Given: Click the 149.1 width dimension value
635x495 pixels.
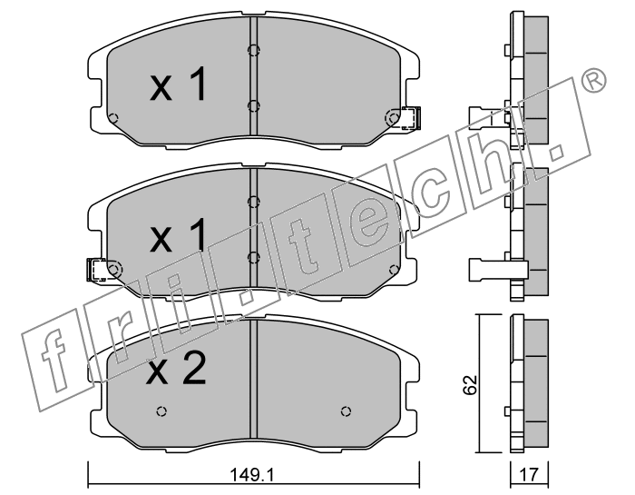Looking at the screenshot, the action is point(252,474).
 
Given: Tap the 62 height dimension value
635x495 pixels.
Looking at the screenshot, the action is point(471,384).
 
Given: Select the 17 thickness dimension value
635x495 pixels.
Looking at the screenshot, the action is point(529,474).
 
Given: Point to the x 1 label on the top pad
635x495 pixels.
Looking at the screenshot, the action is point(178,84).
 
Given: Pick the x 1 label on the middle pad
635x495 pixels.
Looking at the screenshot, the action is point(178,234).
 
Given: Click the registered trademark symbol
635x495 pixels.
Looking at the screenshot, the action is point(593,81).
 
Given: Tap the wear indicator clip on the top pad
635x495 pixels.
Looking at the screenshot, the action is point(411,118).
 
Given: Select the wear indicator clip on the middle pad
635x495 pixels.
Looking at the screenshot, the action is point(97,270).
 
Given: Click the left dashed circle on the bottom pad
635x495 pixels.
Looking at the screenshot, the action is point(161,411).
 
